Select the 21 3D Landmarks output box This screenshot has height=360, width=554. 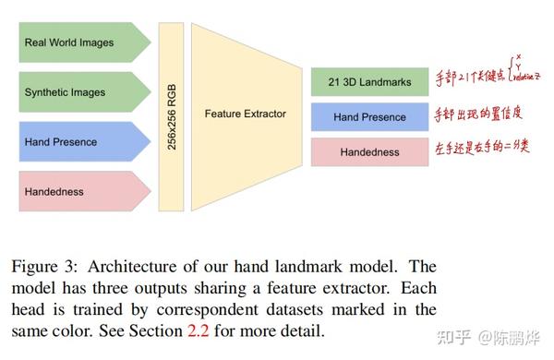(x=369, y=82)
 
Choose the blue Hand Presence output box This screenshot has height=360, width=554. (x=369, y=117)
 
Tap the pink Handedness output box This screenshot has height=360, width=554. (x=369, y=151)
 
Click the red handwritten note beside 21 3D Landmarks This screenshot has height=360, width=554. (x=489, y=81)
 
